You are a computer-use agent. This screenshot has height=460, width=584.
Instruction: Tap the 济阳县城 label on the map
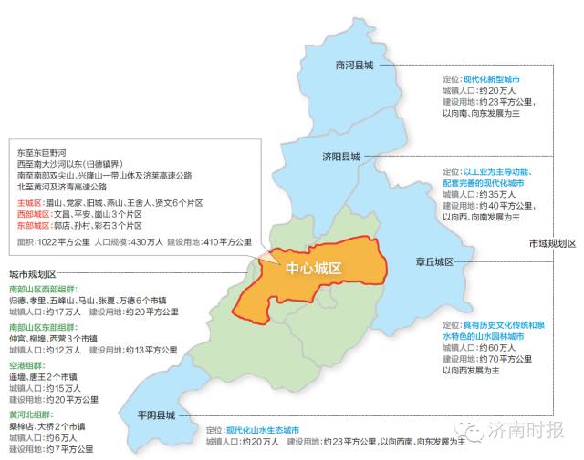click(341, 157)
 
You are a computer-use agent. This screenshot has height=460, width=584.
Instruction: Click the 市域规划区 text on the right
click(553, 243)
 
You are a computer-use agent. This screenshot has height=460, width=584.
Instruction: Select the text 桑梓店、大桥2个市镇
click(47, 425)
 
